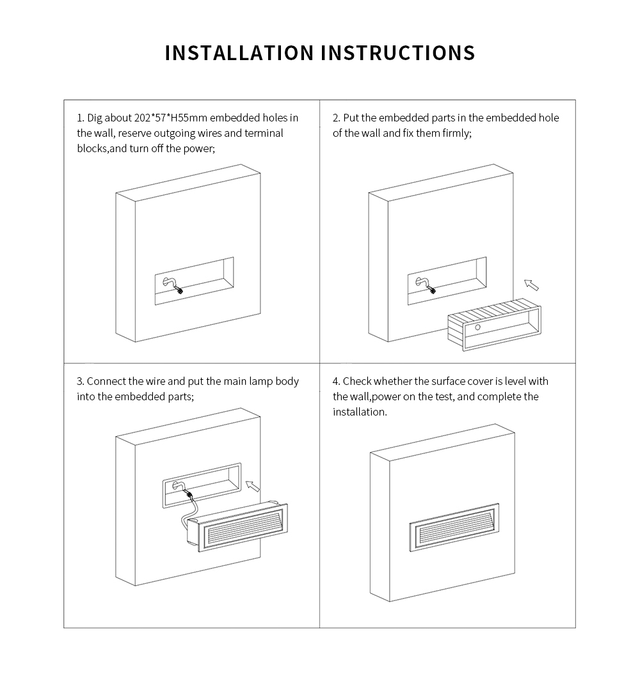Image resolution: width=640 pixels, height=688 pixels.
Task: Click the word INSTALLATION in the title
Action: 239,52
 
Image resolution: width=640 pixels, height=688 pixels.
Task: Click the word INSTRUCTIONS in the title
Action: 398,52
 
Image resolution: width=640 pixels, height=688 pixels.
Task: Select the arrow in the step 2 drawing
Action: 531,285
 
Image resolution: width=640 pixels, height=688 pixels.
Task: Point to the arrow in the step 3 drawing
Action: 253,486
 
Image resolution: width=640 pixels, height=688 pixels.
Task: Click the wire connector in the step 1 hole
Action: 179,290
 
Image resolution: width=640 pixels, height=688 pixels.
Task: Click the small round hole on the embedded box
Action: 477,327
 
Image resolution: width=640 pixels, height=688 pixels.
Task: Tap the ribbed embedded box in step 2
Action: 494,325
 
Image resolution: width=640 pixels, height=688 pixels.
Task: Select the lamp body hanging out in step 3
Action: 237,526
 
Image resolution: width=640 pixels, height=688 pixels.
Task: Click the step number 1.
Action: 80,118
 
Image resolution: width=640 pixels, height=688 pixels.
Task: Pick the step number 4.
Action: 336,381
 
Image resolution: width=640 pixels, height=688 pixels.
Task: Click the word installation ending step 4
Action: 360,412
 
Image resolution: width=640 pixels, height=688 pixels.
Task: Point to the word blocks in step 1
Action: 92,149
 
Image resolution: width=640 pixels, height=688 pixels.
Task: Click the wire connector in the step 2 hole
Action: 431,290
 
